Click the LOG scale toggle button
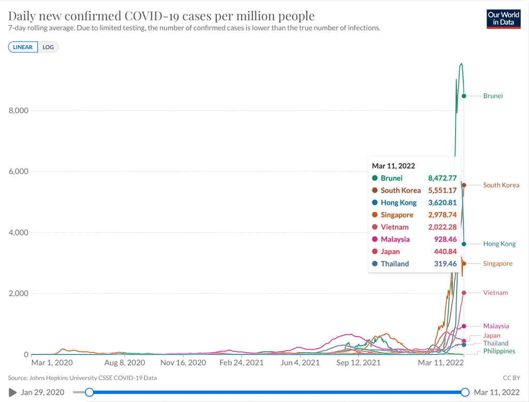(x=48, y=47)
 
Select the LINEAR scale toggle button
(x=23, y=47)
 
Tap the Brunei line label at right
(x=493, y=96)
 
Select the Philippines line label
(x=499, y=351)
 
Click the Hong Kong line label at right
(x=499, y=244)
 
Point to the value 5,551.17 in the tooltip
(x=442, y=190)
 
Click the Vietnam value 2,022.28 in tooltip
(x=442, y=227)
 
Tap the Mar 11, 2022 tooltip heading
(x=394, y=166)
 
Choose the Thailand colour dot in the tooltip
(x=374, y=264)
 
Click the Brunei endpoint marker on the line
(x=464, y=96)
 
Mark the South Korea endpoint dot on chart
(x=464, y=185)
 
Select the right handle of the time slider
(x=465, y=392)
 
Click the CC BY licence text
(x=510, y=378)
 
